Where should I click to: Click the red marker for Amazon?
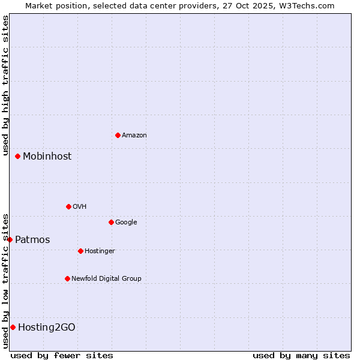point(118,135)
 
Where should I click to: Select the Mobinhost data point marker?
point(18,156)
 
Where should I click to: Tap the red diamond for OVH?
point(68,206)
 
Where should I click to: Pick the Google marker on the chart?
point(111,222)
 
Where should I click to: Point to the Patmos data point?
point(10,239)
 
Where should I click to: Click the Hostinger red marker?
point(80,251)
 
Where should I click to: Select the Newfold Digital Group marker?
point(67,278)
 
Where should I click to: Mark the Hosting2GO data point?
point(13,327)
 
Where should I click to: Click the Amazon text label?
point(134,136)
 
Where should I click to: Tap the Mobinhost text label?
point(47,157)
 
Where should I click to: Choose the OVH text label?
point(80,207)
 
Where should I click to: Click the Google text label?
point(126,223)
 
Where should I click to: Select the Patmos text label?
point(32,240)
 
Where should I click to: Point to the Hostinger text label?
point(100,251)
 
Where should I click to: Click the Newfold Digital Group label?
point(106,279)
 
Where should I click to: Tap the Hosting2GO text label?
point(47,328)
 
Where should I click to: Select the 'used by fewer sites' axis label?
point(62,355)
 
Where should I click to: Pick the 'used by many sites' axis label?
point(301,355)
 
